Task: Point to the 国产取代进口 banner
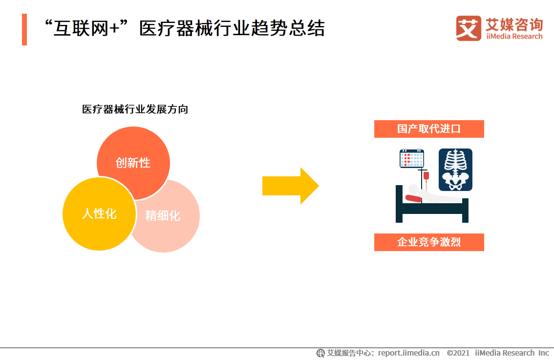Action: pyautogui.click(x=429, y=129)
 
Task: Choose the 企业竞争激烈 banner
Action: pyautogui.click(x=429, y=242)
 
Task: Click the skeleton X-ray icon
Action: pyautogui.click(x=455, y=169)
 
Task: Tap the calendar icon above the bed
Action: pyautogui.click(x=411, y=159)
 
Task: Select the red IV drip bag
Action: pyautogui.click(x=426, y=175)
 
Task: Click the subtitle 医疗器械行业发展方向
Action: pyautogui.click(x=135, y=109)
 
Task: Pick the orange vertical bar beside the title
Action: pyautogui.click(x=24, y=29)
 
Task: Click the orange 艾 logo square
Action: pyautogui.click(x=469, y=28)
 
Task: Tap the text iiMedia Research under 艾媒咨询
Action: pyautogui.click(x=514, y=37)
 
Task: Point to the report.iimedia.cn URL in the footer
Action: pyautogui.click(x=408, y=353)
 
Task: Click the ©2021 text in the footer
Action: pyautogui.click(x=458, y=353)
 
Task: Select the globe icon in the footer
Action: pyautogui.click(x=320, y=353)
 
